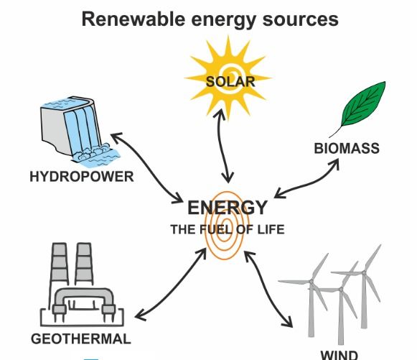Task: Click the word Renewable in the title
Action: click(x=133, y=19)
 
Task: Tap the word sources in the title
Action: click(x=300, y=19)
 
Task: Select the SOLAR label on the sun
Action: click(x=230, y=81)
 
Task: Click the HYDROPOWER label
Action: click(x=82, y=177)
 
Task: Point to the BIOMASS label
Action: click(x=347, y=148)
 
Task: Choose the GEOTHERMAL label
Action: click(x=81, y=339)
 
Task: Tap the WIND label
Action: click(x=339, y=355)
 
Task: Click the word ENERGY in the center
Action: click(x=228, y=208)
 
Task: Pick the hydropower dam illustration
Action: click(x=78, y=131)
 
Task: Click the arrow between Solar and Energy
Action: click(x=223, y=146)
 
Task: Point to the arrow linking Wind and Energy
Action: click(x=266, y=289)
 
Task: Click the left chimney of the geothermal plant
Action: click(x=59, y=264)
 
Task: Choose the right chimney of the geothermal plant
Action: click(x=84, y=264)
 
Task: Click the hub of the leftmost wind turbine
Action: click(x=311, y=282)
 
